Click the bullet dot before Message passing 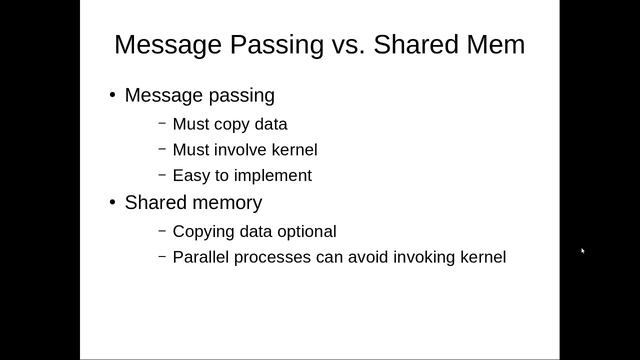[113, 96]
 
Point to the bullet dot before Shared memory [113, 203]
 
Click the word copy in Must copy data [232, 125]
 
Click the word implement [271, 176]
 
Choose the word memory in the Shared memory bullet [227, 203]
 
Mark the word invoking [427, 257]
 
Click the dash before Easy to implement [162, 175]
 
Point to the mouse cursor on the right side [583, 251]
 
